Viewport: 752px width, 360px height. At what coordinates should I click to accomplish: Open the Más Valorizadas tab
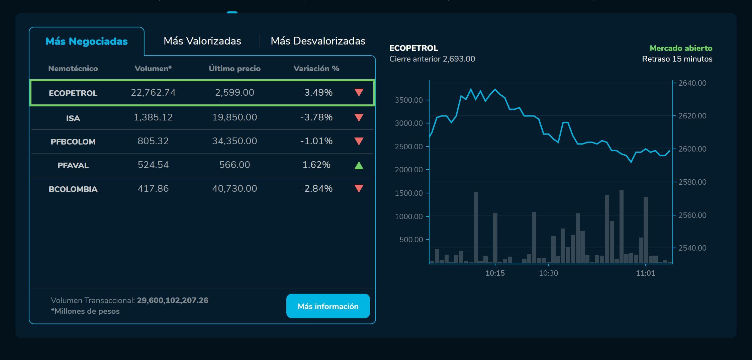[202, 41]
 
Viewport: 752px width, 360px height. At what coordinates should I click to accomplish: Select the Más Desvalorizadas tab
[318, 41]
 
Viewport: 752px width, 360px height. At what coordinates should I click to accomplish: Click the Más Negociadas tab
[87, 41]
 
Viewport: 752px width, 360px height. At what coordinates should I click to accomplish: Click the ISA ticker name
[73, 118]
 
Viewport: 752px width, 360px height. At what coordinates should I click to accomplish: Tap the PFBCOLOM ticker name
[73, 142]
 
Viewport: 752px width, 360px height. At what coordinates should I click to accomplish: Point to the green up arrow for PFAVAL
[359, 165]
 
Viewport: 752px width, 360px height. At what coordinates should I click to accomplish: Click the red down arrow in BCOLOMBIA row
[359, 188]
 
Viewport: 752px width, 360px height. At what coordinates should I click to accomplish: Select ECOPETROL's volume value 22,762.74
[153, 92]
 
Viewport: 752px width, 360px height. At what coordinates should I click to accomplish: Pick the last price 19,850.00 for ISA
[234, 117]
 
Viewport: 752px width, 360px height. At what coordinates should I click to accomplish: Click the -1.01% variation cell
[316, 141]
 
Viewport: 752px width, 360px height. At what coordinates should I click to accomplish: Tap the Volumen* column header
[153, 69]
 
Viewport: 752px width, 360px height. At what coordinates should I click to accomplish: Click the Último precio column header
[234, 69]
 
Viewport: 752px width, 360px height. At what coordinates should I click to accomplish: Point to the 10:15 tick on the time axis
[495, 273]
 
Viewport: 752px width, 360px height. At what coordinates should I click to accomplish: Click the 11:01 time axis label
[645, 273]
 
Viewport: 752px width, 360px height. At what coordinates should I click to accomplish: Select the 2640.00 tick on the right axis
[692, 83]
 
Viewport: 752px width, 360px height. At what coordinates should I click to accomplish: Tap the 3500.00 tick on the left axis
[409, 100]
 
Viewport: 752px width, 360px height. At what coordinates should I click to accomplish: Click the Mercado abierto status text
[681, 48]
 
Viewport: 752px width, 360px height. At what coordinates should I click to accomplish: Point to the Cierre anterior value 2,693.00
[459, 59]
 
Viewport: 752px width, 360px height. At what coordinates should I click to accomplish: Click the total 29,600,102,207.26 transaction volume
[173, 300]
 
